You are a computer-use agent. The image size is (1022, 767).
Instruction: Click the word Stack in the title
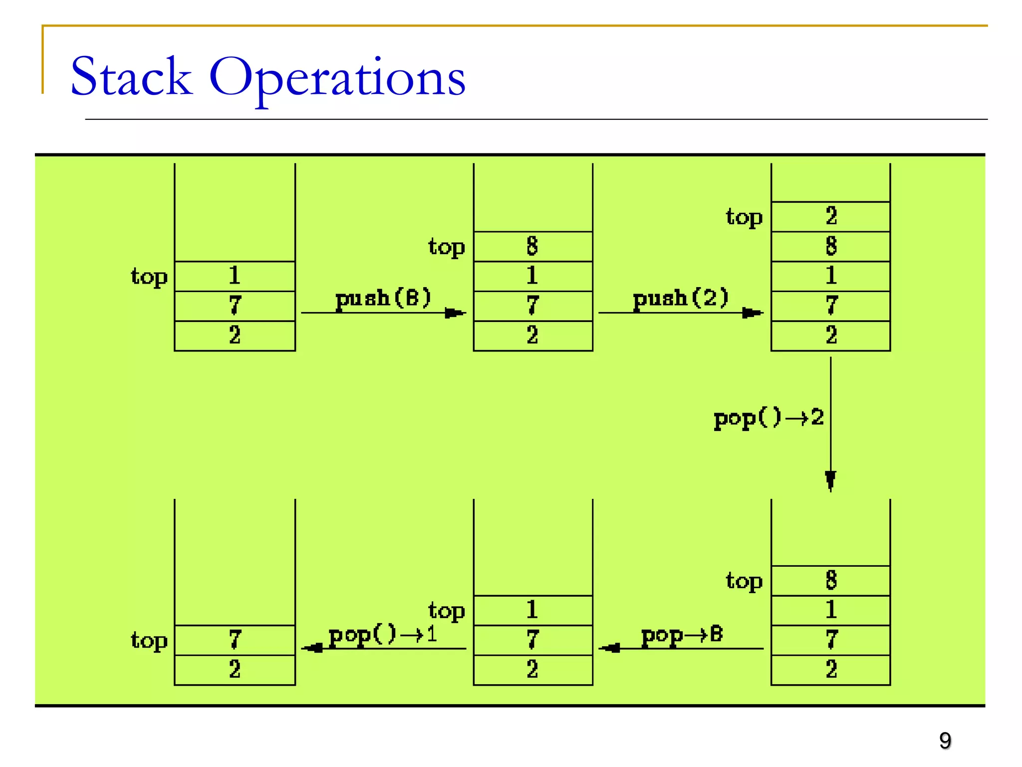click(x=131, y=77)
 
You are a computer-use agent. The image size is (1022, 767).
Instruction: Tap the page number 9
click(x=945, y=741)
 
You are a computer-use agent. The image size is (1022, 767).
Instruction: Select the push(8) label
click(x=383, y=299)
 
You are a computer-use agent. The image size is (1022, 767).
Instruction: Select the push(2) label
click(x=681, y=299)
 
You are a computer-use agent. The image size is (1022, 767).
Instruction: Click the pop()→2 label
click(x=768, y=418)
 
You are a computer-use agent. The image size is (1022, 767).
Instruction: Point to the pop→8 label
click(x=682, y=635)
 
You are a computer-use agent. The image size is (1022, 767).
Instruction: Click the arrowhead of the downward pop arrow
click(x=830, y=480)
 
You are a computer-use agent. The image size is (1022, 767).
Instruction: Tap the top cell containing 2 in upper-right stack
click(x=830, y=217)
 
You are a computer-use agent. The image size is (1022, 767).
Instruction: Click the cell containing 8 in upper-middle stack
click(x=532, y=246)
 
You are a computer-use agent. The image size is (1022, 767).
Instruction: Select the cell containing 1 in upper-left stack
click(x=235, y=276)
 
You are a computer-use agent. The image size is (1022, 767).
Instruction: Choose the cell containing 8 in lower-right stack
click(x=830, y=580)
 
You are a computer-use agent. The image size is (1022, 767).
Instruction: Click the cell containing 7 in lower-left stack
click(x=235, y=640)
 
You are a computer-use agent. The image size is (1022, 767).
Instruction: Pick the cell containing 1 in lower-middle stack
click(x=532, y=610)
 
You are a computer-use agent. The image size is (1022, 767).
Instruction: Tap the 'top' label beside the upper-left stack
click(x=149, y=277)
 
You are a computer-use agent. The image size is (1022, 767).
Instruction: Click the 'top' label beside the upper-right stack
click(x=744, y=218)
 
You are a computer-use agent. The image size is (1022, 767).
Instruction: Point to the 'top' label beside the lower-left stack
click(x=149, y=641)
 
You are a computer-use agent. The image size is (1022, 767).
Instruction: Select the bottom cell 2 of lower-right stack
click(x=830, y=670)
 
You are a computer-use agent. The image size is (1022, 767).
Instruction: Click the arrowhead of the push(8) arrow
click(x=454, y=313)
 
